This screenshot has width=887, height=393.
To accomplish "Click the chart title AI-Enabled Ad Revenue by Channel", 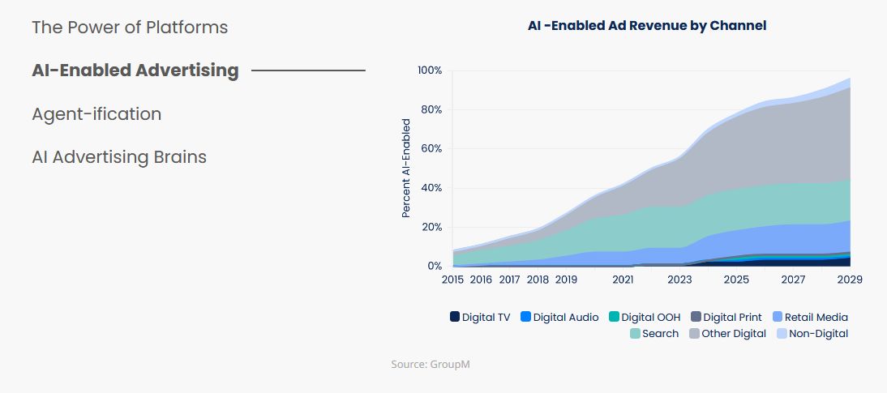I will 647,25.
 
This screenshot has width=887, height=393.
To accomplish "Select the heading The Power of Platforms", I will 130,28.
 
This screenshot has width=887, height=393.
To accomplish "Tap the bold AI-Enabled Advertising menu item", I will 135,70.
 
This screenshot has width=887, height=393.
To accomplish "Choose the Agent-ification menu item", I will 96,114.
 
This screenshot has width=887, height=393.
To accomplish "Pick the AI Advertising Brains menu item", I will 119,157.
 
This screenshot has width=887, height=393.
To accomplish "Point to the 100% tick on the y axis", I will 430,70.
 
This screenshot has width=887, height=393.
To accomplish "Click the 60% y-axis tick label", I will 431,149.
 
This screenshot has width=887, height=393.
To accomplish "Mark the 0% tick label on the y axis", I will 435,267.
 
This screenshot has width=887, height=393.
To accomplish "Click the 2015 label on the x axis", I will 452,280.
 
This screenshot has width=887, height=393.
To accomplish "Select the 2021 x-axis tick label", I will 623,280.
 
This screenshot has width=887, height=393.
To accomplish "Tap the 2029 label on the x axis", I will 850,280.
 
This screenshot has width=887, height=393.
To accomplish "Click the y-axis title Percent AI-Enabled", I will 406,168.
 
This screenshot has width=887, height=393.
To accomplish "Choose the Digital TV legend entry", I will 480,318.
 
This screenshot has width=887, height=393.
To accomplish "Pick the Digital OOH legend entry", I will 646,318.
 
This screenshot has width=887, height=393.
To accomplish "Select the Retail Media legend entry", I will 810,318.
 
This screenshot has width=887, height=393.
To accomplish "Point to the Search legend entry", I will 654,334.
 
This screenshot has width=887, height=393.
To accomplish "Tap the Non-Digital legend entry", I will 812,334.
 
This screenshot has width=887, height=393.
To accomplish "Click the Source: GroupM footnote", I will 431,365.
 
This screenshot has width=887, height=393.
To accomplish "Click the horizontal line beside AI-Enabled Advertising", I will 308,70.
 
